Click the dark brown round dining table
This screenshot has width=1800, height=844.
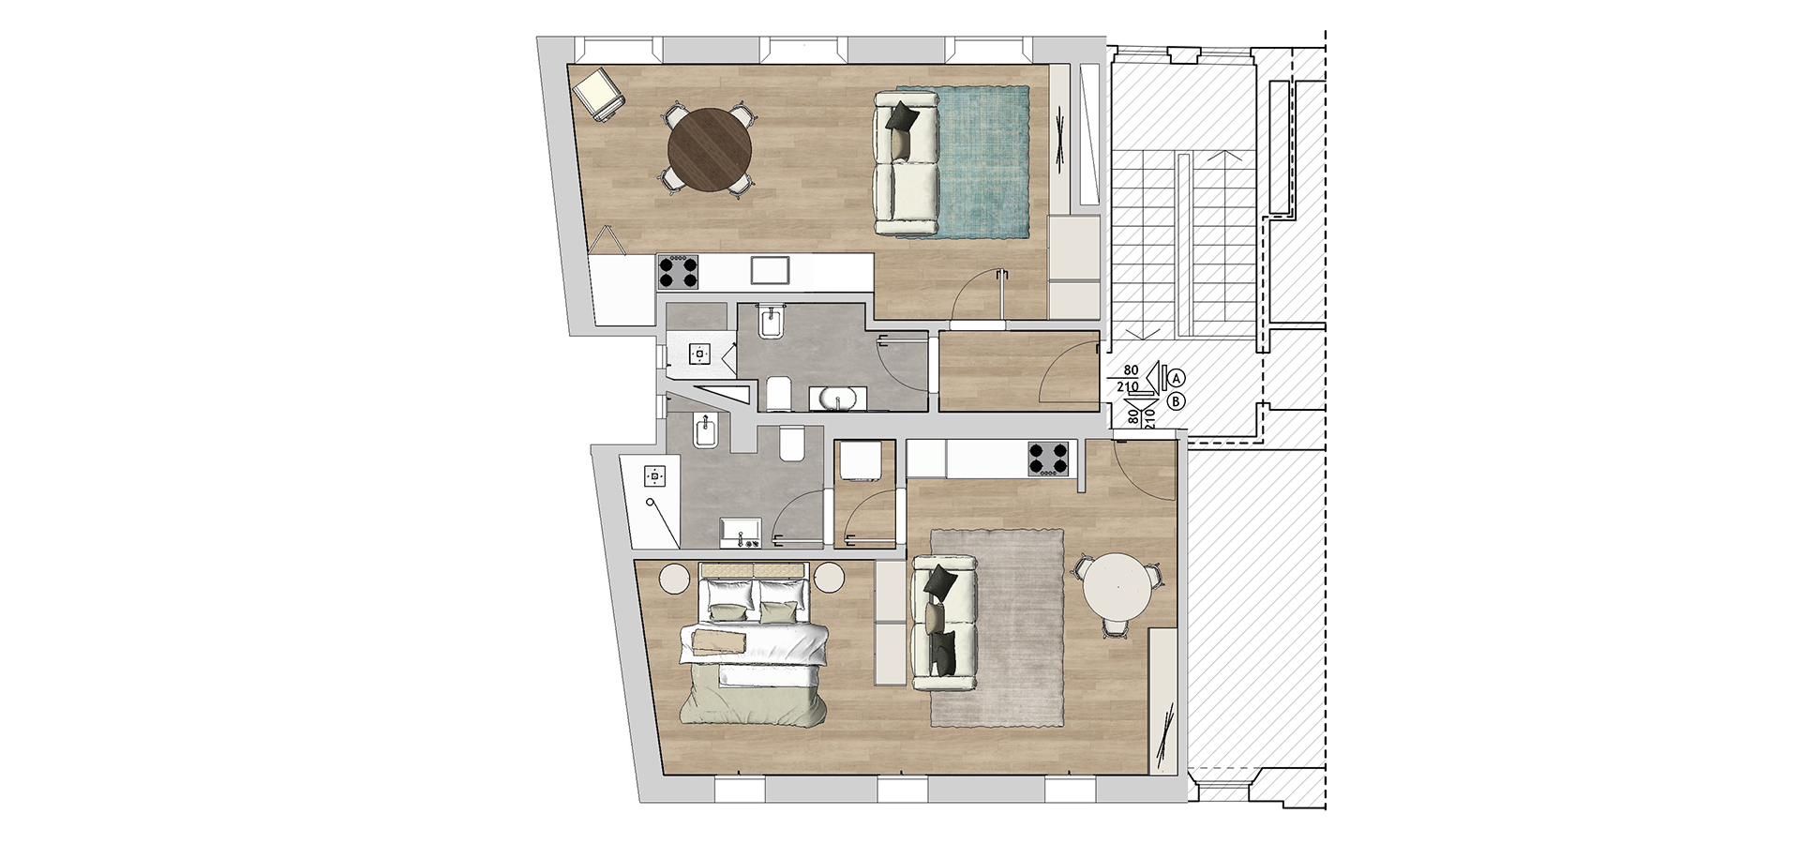coord(711,150)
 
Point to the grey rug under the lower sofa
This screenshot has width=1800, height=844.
coord(997,626)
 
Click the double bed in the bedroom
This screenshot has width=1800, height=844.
coord(754,643)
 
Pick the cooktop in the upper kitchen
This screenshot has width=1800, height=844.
coord(678,271)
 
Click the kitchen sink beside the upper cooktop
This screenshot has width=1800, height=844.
coord(772,270)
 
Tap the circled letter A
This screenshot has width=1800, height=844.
coord(1176,378)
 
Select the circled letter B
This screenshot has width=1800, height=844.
coord(1176,401)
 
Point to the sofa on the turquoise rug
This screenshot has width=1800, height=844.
coord(906,161)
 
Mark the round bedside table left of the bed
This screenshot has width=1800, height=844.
coord(675,578)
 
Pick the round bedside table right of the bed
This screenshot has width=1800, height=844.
coord(830,578)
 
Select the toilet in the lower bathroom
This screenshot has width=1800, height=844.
coord(793,444)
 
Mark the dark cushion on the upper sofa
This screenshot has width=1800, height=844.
coord(901,117)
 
